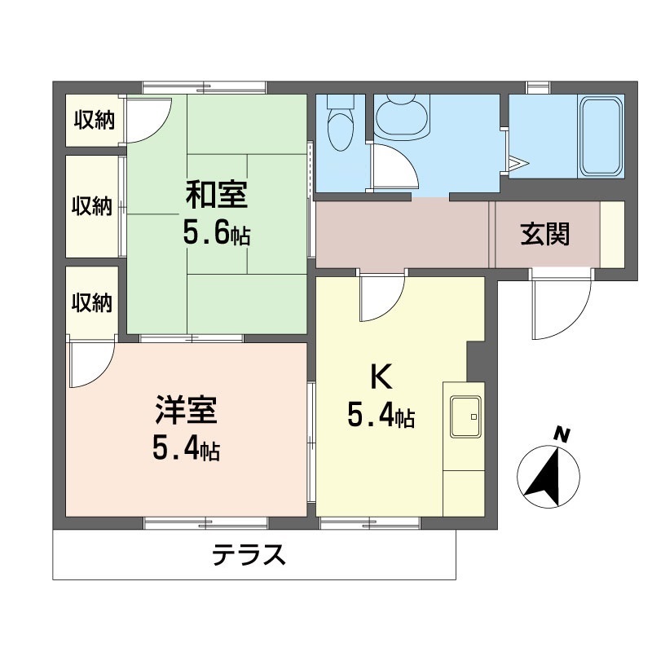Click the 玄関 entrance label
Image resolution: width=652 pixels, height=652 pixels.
click(545, 235)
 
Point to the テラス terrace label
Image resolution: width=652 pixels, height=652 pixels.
click(249, 556)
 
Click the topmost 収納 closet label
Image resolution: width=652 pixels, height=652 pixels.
click(94, 121)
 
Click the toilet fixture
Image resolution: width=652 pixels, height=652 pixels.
click(339, 122)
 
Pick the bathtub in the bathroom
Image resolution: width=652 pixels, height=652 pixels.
click(602, 136)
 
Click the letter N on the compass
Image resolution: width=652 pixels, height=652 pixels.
click(562, 435)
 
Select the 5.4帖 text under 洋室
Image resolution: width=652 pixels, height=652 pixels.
click(186, 447)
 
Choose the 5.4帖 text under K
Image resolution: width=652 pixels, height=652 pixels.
click(381, 417)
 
